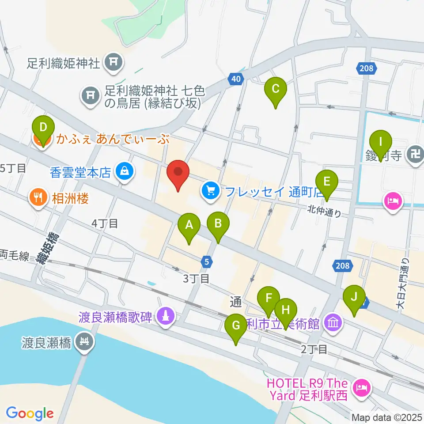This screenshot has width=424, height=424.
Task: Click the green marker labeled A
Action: pyautogui.click(x=189, y=226)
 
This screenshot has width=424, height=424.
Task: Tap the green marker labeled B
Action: pyautogui.click(x=218, y=224)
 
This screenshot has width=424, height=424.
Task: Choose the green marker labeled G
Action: pyautogui.click(x=236, y=327)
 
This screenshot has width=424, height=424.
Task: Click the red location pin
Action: pyautogui.click(x=178, y=173)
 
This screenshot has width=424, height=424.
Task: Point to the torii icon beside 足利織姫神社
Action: pyautogui.click(x=113, y=63)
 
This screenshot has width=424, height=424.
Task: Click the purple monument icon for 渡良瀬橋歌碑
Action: pyautogui.click(x=166, y=317)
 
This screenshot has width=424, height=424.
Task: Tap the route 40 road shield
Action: pyautogui.click(x=236, y=79)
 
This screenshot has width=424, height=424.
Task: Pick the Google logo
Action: pyautogui.click(x=30, y=414)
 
